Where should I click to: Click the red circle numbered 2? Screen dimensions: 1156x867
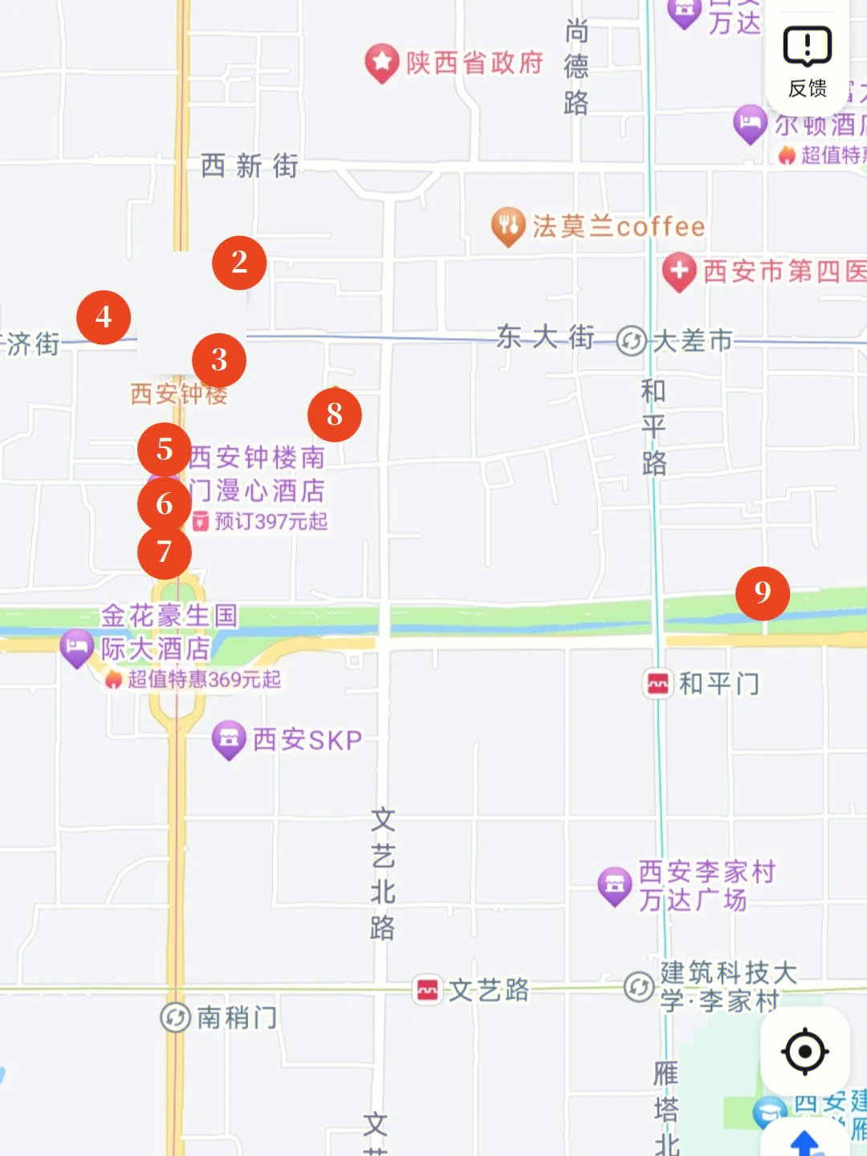239,263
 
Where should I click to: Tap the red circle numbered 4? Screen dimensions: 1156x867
104,317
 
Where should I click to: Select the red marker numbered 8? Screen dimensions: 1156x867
335,415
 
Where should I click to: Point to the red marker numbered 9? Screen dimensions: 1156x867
763,593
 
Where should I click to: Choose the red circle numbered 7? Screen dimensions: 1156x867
165,552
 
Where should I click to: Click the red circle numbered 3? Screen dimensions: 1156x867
219,360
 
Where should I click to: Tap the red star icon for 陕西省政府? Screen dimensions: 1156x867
382,62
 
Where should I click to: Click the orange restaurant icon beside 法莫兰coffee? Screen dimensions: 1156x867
507,226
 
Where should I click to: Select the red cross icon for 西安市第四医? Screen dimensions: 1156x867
679,271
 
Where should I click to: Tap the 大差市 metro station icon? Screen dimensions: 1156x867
632,340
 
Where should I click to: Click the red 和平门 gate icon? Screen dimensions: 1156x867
657,684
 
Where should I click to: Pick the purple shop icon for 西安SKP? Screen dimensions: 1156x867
229,739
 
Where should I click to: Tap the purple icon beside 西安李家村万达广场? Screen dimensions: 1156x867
615,885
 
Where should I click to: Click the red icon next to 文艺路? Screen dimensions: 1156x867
428,990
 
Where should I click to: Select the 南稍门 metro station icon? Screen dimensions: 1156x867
175,1017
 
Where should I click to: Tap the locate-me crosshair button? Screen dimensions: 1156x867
804,1051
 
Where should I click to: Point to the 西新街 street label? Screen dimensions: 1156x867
250,166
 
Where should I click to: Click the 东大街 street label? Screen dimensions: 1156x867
545,337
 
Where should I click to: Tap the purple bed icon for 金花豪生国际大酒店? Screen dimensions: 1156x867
77,647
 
